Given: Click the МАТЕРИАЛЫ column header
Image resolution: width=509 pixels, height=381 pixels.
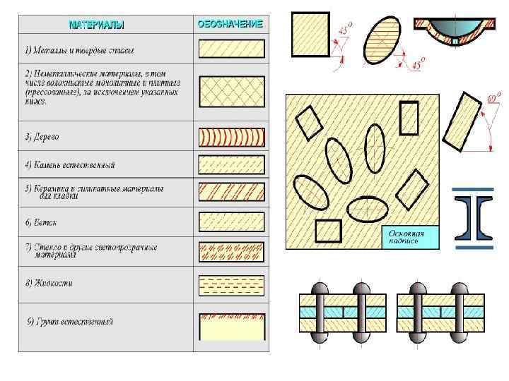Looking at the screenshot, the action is pyautogui.click(x=96, y=25).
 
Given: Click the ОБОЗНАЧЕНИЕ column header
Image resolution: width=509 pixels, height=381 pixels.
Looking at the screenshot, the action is pyautogui.click(x=230, y=24).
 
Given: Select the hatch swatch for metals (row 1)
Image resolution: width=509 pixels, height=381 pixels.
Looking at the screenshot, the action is pyautogui.click(x=231, y=49).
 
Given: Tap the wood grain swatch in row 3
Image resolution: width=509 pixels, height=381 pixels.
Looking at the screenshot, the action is pyautogui.click(x=231, y=136).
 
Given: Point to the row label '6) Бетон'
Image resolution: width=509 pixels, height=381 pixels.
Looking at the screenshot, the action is pyautogui.click(x=41, y=222).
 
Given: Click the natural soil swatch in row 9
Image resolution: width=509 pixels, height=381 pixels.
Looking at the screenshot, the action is pyautogui.click(x=231, y=326).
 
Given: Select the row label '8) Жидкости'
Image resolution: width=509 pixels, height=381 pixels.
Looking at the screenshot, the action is pyautogui.click(x=49, y=284).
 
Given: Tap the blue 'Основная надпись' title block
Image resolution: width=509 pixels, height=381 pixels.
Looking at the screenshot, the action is pyautogui.click(x=410, y=237).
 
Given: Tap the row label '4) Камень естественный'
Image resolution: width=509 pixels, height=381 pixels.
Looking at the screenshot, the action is pyautogui.click(x=70, y=165).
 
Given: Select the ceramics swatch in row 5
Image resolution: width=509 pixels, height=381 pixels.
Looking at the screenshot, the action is pyautogui.click(x=231, y=193).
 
